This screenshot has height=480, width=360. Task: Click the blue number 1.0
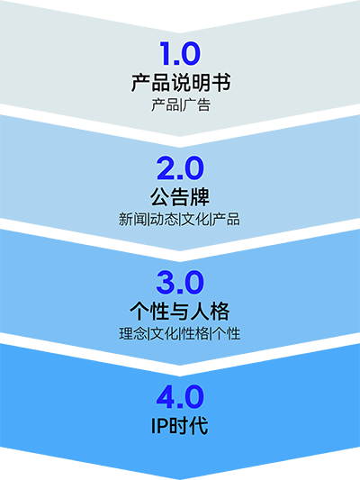point(180,53)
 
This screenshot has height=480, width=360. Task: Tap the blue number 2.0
point(180,168)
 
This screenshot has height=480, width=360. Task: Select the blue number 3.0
point(180,282)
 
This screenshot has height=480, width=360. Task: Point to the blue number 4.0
point(180,397)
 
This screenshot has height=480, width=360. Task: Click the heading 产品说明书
point(181,82)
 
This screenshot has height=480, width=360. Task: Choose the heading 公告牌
point(180,197)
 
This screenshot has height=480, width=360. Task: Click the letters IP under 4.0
point(159,426)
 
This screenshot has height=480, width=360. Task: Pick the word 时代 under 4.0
point(189,426)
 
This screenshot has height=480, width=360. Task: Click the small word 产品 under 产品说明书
point(166,105)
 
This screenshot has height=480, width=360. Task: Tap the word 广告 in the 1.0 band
point(197,105)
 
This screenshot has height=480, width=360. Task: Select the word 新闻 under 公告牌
point(132,219)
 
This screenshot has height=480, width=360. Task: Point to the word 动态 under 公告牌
point(164,219)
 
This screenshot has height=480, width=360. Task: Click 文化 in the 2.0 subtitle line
point(195,219)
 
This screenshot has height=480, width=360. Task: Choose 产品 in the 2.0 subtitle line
point(226,219)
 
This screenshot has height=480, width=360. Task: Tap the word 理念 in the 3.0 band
point(133,334)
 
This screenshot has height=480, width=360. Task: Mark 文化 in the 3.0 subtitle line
point(165,334)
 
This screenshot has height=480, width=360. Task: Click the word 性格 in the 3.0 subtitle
point(195,334)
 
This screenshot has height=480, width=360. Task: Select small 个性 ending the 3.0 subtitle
point(227,334)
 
